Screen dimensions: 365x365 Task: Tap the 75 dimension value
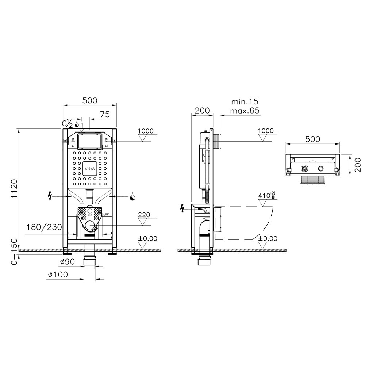pos(105,115)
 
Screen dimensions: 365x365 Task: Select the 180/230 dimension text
pos(44,227)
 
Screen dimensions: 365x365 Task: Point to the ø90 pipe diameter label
pos(67,262)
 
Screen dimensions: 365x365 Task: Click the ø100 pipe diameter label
pos(58,274)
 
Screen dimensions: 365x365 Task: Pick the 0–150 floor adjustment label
pos(14,251)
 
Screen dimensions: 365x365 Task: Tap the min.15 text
pos(245,102)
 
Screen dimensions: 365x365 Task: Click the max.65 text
pos(245,110)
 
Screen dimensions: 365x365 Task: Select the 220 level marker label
pos(144,215)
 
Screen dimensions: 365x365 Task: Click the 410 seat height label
pos(267,196)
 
